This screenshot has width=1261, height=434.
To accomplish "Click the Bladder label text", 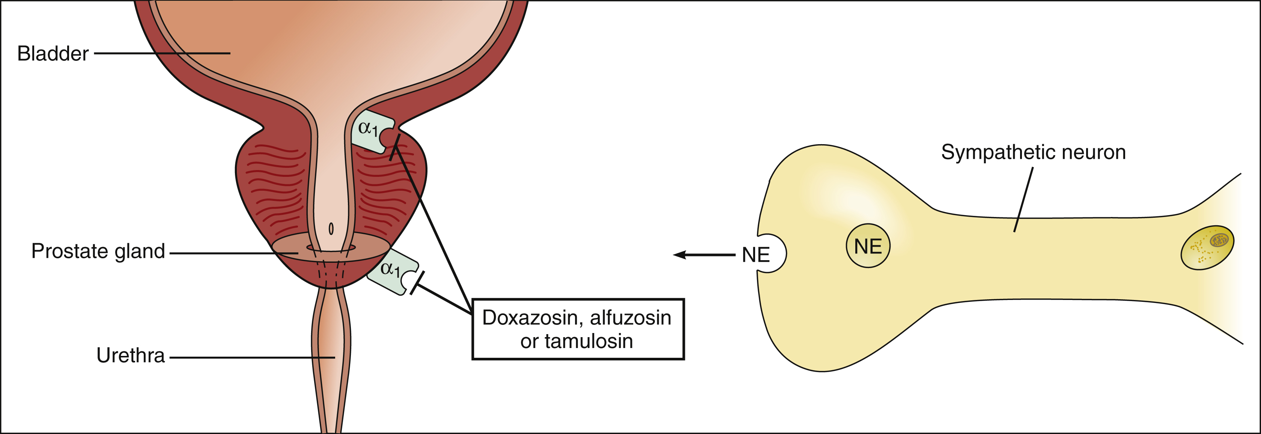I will [53, 53].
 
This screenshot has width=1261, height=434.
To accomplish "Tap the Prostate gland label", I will [98, 251].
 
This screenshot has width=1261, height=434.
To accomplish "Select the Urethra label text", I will [130, 356].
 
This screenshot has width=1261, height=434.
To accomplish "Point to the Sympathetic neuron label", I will [1033, 152].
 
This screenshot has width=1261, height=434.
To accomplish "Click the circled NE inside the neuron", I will [868, 246].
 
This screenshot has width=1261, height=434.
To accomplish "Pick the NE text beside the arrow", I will [756, 255].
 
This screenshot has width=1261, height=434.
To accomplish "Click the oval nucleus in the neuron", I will [1208, 247].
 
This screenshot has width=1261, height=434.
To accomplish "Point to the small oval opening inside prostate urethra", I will [331, 229].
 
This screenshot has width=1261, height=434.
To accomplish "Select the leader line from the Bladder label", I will [161, 53].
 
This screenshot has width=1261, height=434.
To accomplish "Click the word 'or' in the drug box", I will [529, 341].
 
